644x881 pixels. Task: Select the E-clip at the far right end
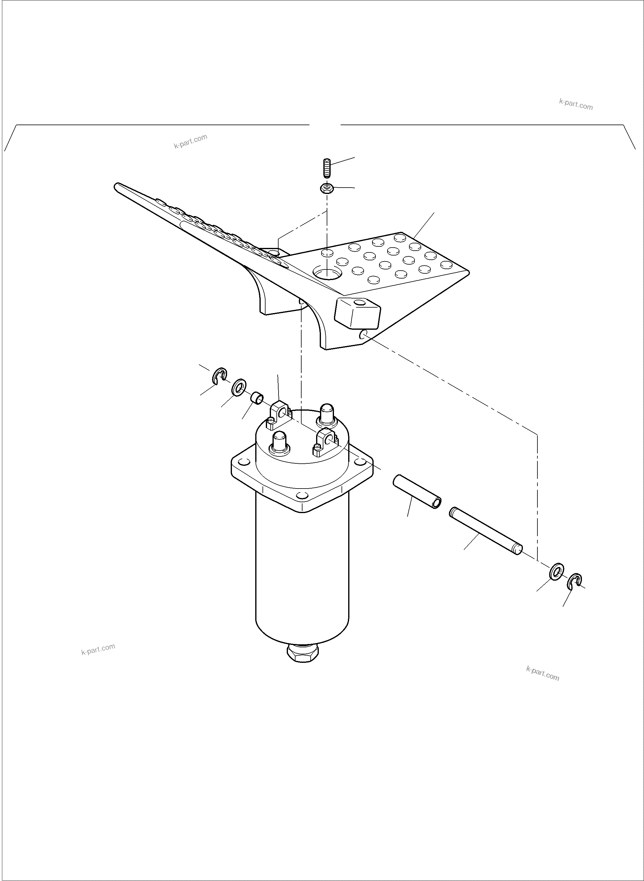[x=573, y=582]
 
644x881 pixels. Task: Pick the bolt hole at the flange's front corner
[x=301, y=496]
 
